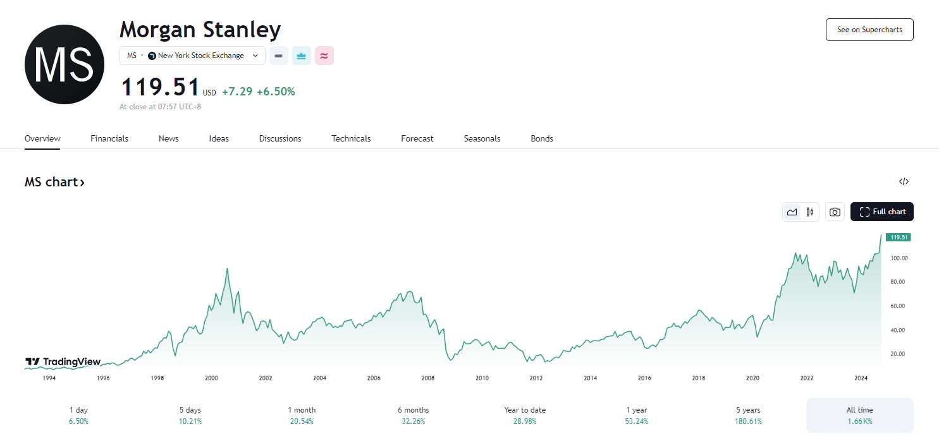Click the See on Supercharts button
[869, 30]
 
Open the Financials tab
[109, 138]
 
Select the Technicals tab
[351, 138]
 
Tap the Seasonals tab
[482, 138]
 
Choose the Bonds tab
[542, 138]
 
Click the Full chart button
[882, 212]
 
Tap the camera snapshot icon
[835, 212]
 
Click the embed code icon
[904, 182]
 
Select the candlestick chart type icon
[809, 212]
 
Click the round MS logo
[64, 64]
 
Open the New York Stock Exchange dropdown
[192, 56]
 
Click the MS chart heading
[54, 183]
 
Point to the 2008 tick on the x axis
[428, 378]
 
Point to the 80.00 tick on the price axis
[899, 282]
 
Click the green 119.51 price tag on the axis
[898, 238]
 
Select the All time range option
[859, 415]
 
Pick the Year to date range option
[525, 415]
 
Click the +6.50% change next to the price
[276, 92]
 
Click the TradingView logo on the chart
[63, 362]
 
